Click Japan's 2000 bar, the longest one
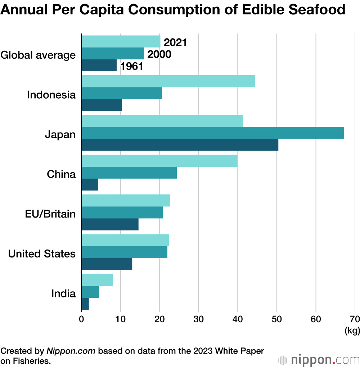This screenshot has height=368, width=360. [213, 133]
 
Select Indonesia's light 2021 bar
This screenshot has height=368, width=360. [168, 81]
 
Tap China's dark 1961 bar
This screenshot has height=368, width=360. [90, 184]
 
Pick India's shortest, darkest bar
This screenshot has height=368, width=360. [85, 304]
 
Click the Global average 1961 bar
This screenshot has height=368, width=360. [99, 65]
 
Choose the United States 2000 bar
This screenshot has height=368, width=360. [125, 252]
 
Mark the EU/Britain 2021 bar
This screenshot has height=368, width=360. [126, 201]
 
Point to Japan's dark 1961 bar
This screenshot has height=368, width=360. [180, 145]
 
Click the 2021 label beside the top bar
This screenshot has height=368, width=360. [175, 42]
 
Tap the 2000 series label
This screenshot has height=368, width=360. [159, 54]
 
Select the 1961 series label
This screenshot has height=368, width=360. [132, 66]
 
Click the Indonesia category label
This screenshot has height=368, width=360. [51, 95]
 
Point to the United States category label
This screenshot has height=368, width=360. [42, 254]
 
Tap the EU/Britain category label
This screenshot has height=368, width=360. [50, 214]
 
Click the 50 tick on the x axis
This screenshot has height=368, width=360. [277, 319]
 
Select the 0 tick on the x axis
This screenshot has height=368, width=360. [81, 319]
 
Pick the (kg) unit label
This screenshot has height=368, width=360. [352, 331]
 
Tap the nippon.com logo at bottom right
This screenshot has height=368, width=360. [319, 360]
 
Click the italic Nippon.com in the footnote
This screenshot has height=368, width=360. [71, 351]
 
